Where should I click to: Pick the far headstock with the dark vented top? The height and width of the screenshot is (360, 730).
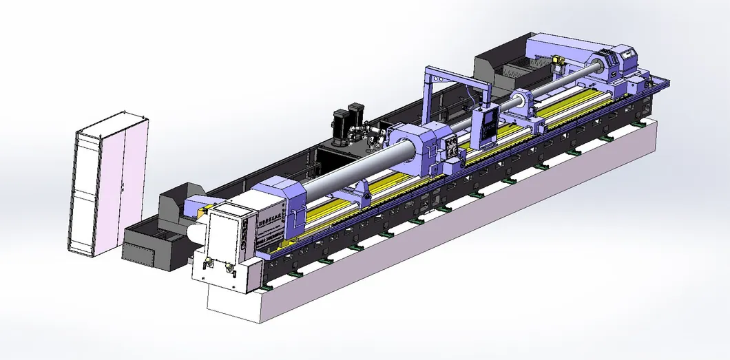click(620, 62)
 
